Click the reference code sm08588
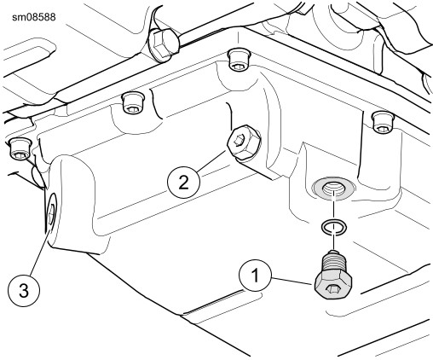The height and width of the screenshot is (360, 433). click(34, 17)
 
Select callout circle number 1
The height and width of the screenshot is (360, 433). click(256, 276)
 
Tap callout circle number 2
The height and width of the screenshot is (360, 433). click(183, 182)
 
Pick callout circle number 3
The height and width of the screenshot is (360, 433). click(24, 291)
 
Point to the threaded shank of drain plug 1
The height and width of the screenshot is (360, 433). click(333, 260)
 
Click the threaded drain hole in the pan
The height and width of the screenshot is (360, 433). click(333, 188)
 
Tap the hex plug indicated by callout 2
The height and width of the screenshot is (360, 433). click(244, 142)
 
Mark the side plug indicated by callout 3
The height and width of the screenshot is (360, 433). click(52, 212)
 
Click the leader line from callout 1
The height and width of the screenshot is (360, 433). click(293, 281)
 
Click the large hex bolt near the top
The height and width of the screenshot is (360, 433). click(161, 44)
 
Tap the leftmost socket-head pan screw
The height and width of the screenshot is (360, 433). click(20, 148)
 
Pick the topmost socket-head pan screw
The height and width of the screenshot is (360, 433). click(239, 60)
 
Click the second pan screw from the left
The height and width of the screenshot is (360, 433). click(133, 103)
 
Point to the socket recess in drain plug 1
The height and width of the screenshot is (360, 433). click(332, 289)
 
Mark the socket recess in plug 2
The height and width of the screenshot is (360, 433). click(239, 140)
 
